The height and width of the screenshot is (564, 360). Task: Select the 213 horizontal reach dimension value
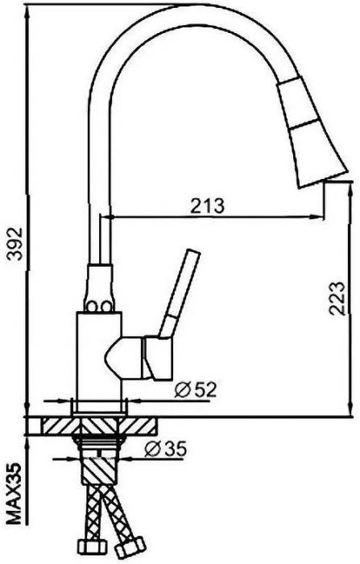(x=208, y=205)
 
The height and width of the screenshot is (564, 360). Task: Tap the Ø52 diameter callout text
(x=196, y=389)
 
